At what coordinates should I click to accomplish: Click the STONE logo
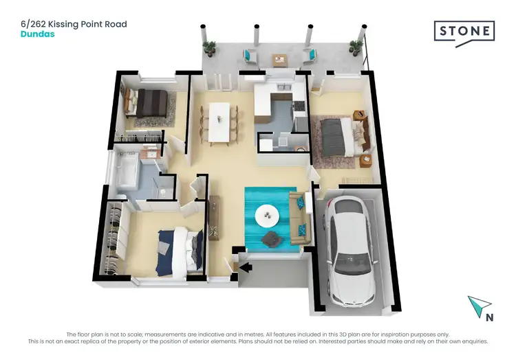pyautogui.click(x=464, y=32)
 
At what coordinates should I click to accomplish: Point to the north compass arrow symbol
pyautogui.click(x=477, y=304)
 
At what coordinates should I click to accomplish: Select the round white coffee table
pyautogui.click(x=268, y=216)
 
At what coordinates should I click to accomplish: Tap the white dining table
pyautogui.click(x=220, y=122)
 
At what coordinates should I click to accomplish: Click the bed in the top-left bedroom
pyautogui.click(x=151, y=104)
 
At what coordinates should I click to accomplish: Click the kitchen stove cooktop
pyautogui.click(x=299, y=107)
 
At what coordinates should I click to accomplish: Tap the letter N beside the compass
pyautogui.click(x=489, y=317)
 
